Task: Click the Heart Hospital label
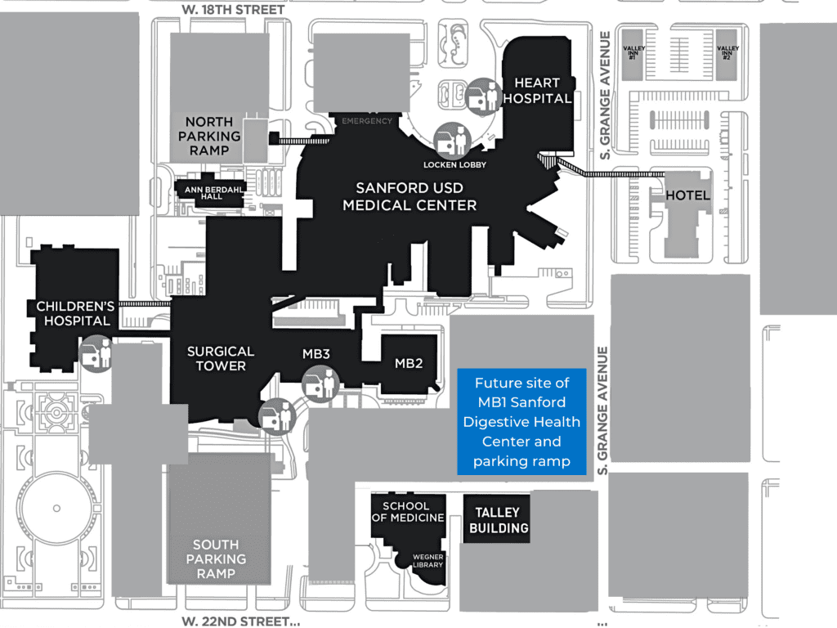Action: [x=537, y=91]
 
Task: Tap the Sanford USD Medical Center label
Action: [x=410, y=196]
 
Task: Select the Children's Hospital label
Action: [x=73, y=313]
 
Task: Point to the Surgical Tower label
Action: [x=221, y=358]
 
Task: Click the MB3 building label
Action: [x=316, y=354]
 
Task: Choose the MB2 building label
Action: [x=409, y=363]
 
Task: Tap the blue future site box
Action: [x=521, y=422]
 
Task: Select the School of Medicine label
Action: [x=408, y=512]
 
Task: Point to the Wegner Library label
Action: [x=428, y=560]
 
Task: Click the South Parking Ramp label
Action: [x=216, y=558]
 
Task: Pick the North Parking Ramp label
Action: [x=209, y=137]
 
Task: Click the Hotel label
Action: [x=687, y=196]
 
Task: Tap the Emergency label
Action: [x=367, y=121]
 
